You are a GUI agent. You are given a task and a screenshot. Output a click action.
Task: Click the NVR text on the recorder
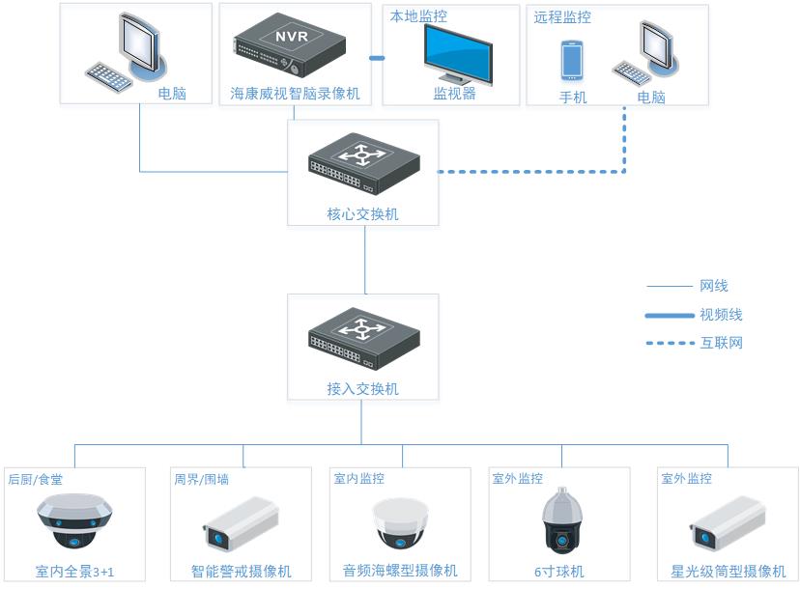(x=292, y=37)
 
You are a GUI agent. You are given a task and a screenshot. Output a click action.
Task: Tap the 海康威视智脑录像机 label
(x=295, y=94)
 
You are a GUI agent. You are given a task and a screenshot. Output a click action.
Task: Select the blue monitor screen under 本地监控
(x=458, y=54)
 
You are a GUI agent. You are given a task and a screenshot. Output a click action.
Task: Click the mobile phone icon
(x=572, y=61)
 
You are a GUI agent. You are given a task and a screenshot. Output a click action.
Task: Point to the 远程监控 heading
(x=562, y=17)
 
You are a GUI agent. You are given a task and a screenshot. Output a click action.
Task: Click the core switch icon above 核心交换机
(x=364, y=164)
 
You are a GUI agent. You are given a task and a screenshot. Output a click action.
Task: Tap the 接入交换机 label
(x=362, y=389)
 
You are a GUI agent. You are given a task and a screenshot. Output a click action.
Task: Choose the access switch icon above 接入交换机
(x=364, y=338)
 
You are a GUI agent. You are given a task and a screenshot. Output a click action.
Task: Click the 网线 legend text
(x=714, y=286)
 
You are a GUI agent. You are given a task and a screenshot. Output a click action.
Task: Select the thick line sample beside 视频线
(x=670, y=316)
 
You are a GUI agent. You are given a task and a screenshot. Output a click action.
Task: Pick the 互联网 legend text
(x=721, y=343)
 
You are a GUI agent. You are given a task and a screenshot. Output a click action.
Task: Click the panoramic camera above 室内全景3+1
(x=74, y=521)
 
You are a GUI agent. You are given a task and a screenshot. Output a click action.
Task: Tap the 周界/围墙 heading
(x=202, y=479)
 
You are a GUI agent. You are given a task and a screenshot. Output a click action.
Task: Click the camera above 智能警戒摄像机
(x=241, y=524)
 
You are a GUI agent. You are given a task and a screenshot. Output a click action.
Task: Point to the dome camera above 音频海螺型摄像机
(x=400, y=523)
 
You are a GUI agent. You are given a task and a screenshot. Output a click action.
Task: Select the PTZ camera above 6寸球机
(x=561, y=520)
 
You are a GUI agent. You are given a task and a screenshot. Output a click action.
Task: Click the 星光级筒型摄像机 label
(x=729, y=572)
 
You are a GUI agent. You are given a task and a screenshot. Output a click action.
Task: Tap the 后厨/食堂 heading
(x=35, y=479)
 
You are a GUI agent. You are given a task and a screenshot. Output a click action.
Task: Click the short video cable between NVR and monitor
(x=377, y=58)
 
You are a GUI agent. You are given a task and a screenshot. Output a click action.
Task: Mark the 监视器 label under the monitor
(x=455, y=94)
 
